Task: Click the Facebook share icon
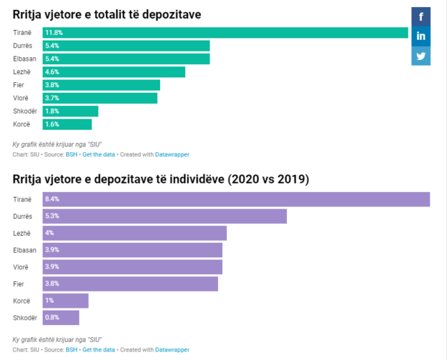421,15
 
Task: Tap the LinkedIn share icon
421,36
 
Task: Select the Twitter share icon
421,56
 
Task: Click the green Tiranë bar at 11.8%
226,33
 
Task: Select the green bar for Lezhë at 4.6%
114,72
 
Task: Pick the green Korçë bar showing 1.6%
67,124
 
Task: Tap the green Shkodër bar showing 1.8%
71,111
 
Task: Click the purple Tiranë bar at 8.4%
236,199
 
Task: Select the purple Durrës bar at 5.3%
164,216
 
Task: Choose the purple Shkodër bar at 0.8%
61,317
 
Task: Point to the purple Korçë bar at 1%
65,301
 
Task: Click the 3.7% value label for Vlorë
52,98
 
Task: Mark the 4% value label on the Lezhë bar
50,233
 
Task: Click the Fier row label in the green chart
19,85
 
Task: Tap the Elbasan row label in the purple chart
24,250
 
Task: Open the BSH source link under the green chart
71,154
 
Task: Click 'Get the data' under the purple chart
98,350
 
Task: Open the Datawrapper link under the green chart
172,154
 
